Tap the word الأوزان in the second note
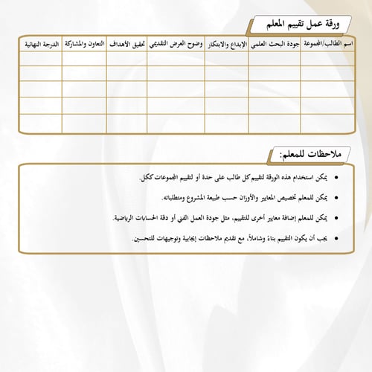coord(254,199)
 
